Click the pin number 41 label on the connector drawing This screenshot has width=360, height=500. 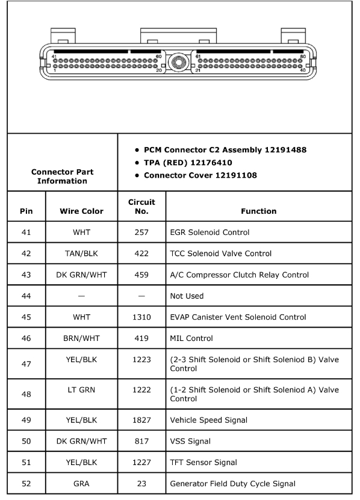[55, 56]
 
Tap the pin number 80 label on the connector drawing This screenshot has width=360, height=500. [303, 56]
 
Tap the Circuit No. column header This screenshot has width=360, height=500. [141, 207]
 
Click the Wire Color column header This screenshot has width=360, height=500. [81, 211]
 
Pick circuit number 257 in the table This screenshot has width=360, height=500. [141, 232]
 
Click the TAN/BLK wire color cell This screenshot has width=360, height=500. [81, 254]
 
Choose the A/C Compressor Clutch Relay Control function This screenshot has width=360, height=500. [240, 275]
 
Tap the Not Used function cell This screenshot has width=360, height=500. [187, 296]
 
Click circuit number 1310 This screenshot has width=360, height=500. [141, 317]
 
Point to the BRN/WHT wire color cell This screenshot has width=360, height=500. [81, 339]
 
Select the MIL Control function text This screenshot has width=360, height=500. [191, 339]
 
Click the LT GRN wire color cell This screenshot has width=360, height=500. [81, 390]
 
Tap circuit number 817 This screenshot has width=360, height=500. [141, 441]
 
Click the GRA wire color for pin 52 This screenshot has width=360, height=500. [81, 483]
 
